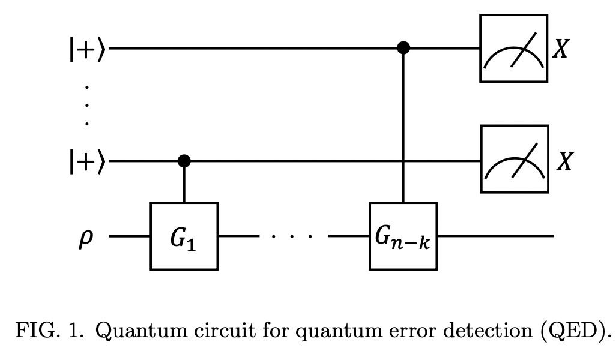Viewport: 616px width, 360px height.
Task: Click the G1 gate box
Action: pos(184,236)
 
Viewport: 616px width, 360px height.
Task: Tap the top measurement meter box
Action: pos(513,49)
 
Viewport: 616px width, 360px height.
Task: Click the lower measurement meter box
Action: pos(515,160)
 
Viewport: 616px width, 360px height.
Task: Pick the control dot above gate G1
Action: pos(184,161)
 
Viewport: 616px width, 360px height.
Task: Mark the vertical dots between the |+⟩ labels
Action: pos(87,106)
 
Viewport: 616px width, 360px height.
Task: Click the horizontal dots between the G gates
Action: pos(292,236)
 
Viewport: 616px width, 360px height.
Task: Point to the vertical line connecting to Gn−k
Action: pos(404,126)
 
